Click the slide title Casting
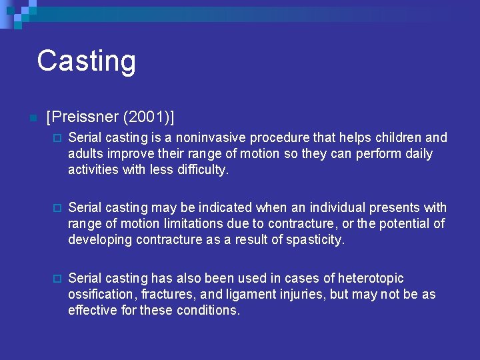[x=86, y=61]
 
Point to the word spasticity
[x=311, y=240]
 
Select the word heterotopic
[x=369, y=278]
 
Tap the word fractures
[x=169, y=294]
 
